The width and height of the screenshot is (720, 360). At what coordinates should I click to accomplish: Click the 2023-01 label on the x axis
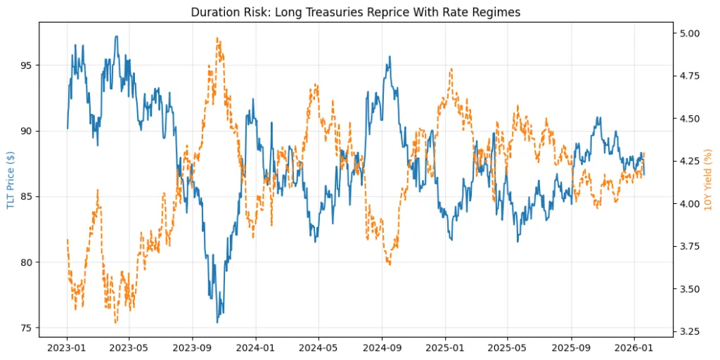coord(67,347)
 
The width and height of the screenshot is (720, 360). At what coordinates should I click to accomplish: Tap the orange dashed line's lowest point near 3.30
coord(116,323)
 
